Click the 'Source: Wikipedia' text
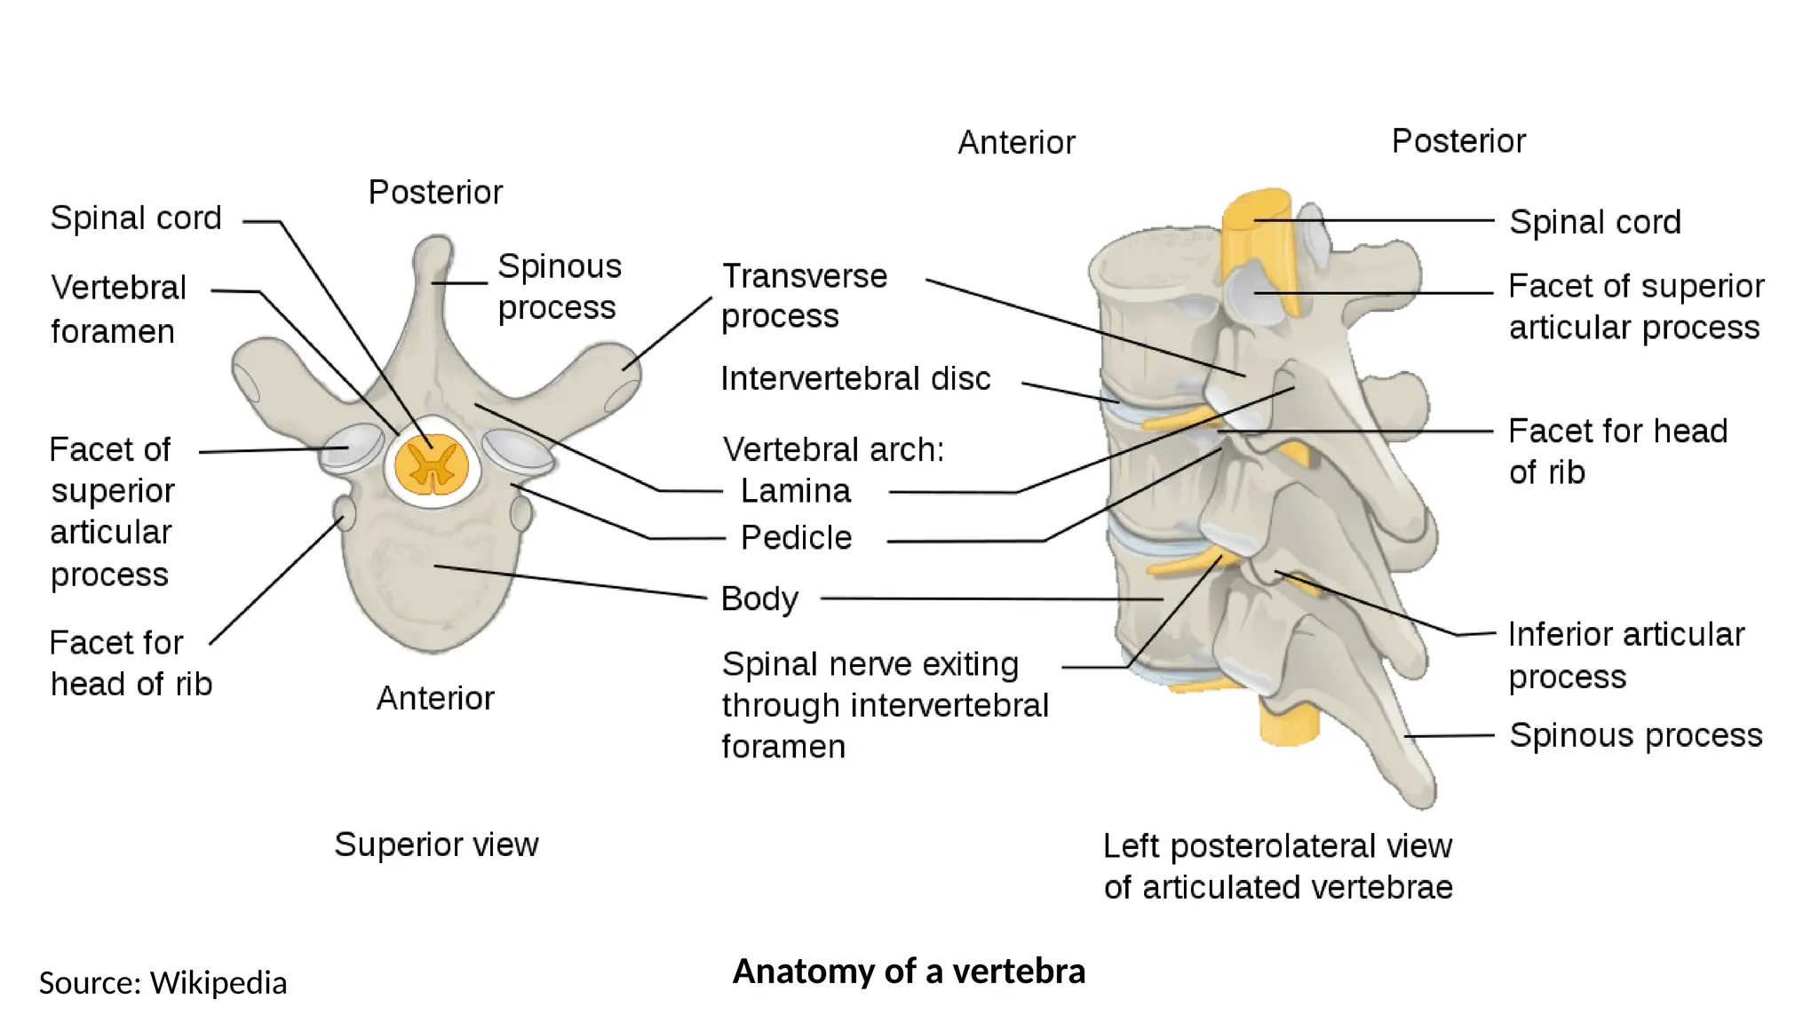163,983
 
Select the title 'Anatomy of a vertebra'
909,971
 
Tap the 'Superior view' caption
436,844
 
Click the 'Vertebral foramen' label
118,309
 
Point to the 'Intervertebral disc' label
855,378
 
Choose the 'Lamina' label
795,490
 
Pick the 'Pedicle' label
796,537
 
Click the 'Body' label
759,599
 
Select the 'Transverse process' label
804,296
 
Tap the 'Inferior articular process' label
1625,655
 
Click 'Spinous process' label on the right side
1635,735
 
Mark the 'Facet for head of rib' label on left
131,662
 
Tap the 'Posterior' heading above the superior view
435,192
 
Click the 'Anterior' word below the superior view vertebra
435,698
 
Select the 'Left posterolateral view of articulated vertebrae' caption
1277,866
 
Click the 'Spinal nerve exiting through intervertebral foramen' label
885,705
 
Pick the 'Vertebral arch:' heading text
833,449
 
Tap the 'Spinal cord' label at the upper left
136,218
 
